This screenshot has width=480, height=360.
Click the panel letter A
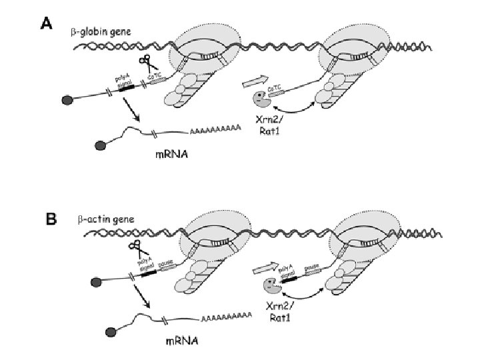coord(47,25)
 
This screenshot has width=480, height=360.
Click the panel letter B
coord(51,217)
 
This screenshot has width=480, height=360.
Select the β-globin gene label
coord(101,31)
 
